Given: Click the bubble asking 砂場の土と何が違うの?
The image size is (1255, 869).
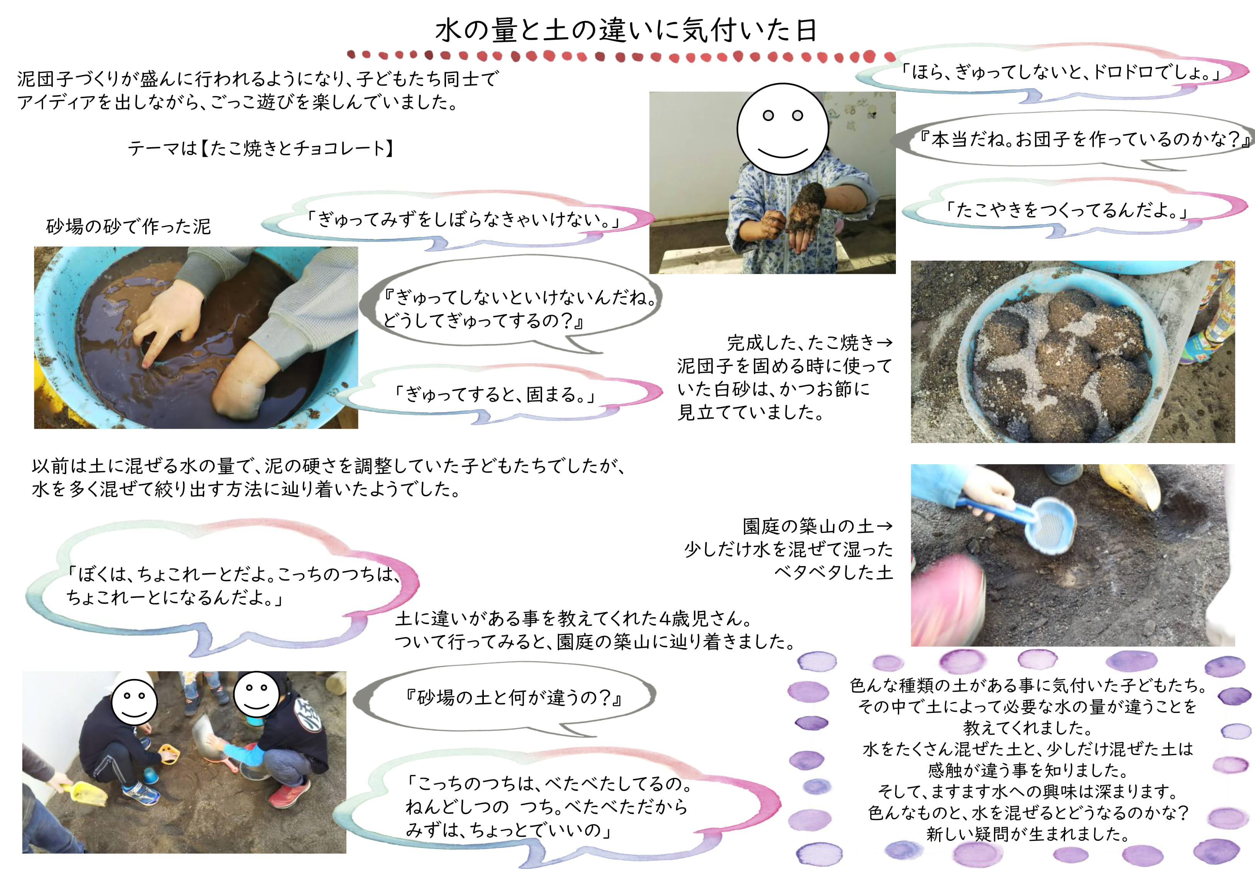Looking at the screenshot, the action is pos(506,699).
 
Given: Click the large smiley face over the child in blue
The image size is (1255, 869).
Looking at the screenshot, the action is pos(783,129).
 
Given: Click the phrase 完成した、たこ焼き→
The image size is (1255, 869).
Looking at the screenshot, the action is pos(810,343).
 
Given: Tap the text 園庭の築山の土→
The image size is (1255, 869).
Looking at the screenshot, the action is pos(817,526).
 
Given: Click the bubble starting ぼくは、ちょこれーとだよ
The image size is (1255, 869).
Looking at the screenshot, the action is pos(223,586).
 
